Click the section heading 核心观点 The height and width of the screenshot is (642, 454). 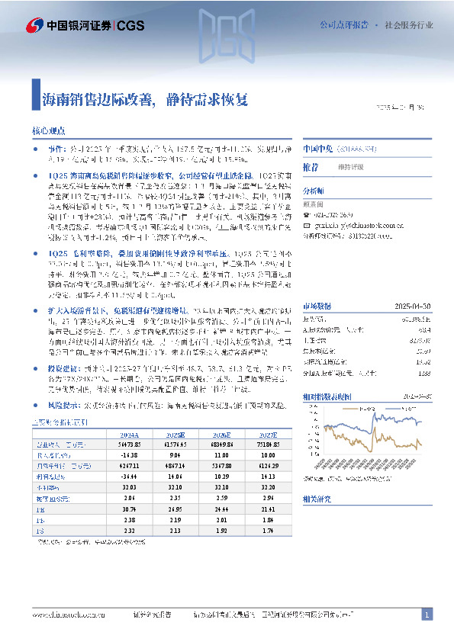(x=48, y=131)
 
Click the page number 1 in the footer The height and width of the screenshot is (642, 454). (x=427, y=615)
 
